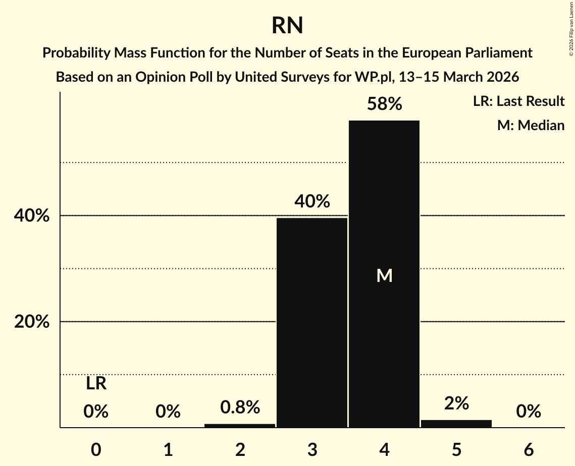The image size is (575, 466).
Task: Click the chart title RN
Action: click(x=287, y=26)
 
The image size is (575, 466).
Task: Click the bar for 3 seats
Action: click(x=312, y=323)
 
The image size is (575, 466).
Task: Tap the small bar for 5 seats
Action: click(x=456, y=424)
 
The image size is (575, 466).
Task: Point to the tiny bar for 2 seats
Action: click(x=240, y=426)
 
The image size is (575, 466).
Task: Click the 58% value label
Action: click(x=384, y=104)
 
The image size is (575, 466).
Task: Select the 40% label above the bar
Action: click(x=312, y=202)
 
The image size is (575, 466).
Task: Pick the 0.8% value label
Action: click(x=240, y=407)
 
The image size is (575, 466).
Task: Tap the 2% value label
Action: click(x=456, y=403)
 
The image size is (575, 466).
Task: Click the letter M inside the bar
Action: click(x=384, y=275)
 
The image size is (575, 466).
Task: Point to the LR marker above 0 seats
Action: click(x=96, y=384)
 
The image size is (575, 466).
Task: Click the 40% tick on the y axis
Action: click(x=32, y=216)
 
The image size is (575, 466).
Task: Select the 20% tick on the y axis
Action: click(x=32, y=322)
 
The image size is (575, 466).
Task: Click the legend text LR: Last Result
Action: click(x=518, y=101)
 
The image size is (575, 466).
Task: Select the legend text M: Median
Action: click(x=531, y=125)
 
